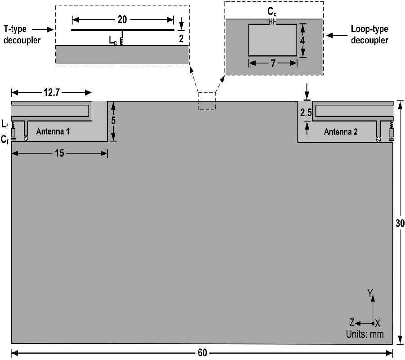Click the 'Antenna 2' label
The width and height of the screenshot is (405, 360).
coord(340,131)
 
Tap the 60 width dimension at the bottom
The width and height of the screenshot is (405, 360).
coord(202,353)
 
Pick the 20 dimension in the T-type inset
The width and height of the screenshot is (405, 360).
coord(122,20)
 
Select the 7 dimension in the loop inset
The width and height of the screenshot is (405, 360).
coord(273,63)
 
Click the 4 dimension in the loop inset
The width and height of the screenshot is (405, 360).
coord(303,40)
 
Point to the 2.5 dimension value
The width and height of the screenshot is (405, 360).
coord(306,113)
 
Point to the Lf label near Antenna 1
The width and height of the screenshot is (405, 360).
coord(5,122)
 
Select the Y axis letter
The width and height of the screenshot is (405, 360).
coord(370,293)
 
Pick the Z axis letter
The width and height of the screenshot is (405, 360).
coord(353,322)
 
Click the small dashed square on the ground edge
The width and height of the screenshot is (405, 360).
coord(207,101)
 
